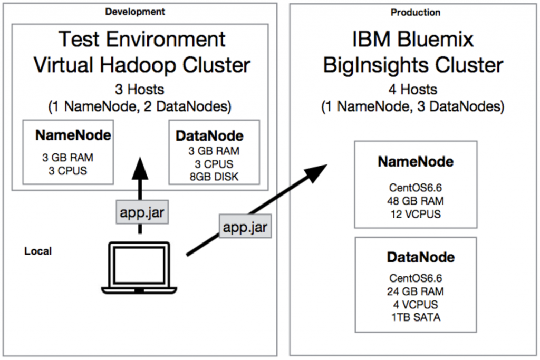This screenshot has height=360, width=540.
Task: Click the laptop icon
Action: (139, 267)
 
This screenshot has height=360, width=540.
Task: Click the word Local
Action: (38, 251)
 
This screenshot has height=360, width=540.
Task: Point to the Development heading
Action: (134, 12)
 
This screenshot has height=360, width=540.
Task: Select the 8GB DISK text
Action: (214, 177)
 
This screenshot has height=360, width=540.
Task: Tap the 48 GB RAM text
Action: (416, 201)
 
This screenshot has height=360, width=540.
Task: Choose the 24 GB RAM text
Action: (416, 291)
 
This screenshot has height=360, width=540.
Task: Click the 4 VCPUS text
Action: (416, 304)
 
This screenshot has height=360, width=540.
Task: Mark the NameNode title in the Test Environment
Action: (73, 135)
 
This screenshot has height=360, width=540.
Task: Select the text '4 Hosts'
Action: (416, 90)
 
